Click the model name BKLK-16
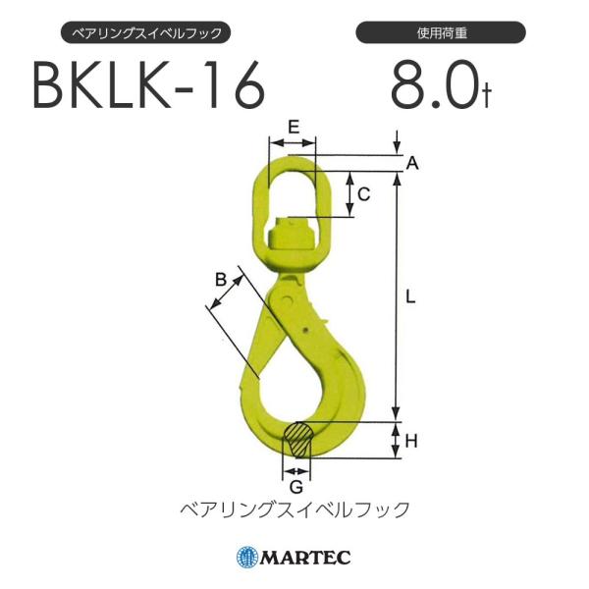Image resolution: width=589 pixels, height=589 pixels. pyautogui.click(x=149, y=87)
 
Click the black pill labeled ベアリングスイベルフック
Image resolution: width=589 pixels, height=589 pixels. pyautogui.click(x=147, y=33)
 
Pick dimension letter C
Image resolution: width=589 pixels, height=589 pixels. pyautogui.click(x=363, y=194)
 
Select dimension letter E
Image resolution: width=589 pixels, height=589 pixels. pyautogui.click(x=293, y=127)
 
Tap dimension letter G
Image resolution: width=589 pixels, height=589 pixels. pyautogui.click(x=296, y=483)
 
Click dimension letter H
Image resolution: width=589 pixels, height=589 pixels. pyautogui.click(x=411, y=441)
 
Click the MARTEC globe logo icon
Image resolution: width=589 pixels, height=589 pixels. pyautogui.click(x=246, y=558)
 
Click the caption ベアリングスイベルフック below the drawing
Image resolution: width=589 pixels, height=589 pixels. pyautogui.click(x=294, y=509)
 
